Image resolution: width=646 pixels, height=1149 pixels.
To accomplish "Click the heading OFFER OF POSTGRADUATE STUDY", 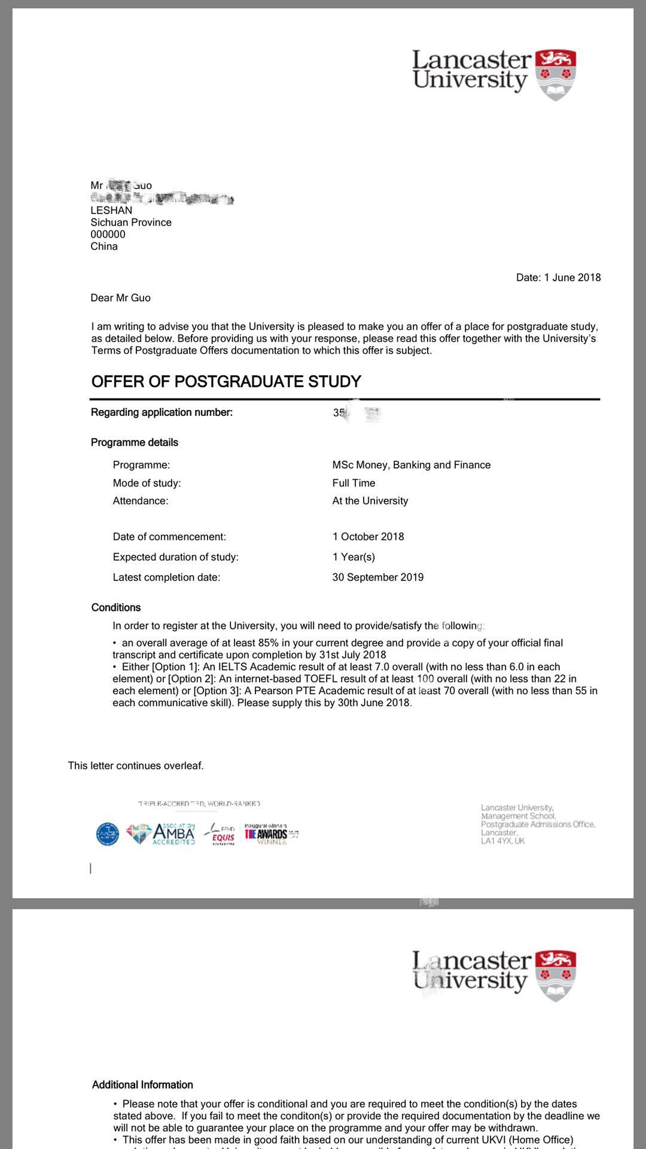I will point(226,382).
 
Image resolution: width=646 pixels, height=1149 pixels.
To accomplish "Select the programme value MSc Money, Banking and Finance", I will point(411,465).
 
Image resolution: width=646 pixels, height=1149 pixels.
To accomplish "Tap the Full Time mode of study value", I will point(354,483).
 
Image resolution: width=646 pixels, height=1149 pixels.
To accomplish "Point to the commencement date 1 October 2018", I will point(368,537).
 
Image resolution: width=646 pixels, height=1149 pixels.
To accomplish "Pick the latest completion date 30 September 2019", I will point(377,577).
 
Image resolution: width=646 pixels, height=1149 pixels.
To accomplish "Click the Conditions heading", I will point(116,607).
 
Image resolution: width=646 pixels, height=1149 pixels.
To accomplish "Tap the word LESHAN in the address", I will point(111,211).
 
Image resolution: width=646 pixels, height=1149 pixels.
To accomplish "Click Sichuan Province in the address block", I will point(131,223).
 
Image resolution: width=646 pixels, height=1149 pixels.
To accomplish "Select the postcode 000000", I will point(108,235).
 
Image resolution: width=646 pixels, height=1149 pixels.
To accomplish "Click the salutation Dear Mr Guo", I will point(120,298).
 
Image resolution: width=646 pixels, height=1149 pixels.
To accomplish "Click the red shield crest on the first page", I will point(556,74).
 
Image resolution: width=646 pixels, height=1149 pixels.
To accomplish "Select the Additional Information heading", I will point(142,1085).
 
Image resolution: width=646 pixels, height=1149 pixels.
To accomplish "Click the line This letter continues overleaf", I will point(136,766).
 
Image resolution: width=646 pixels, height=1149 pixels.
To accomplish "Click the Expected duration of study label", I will point(175,557).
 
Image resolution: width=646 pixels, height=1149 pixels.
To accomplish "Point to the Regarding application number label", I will point(161,412).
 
